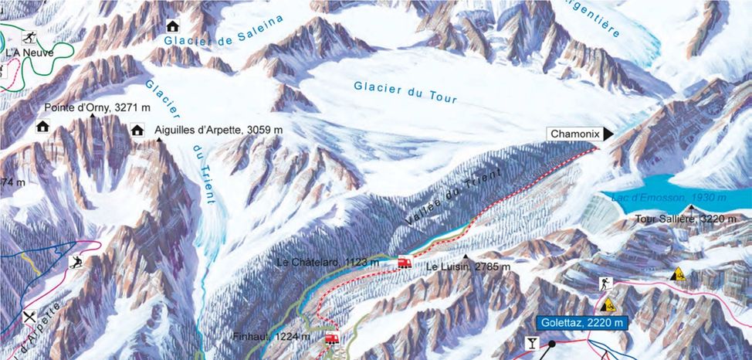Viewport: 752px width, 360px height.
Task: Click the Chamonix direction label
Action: click(575, 134)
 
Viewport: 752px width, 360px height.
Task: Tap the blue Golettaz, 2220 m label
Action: click(581, 322)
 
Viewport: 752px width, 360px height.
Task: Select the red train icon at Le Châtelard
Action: click(404, 263)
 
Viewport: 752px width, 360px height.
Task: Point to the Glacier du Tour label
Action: click(406, 92)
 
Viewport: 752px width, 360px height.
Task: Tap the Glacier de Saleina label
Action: click(225, 32)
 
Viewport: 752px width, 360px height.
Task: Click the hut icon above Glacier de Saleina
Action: click(173, 26)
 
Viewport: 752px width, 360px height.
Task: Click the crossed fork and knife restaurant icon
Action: click(30, 316)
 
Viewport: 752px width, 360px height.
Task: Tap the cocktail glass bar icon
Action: click(533, 341)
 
